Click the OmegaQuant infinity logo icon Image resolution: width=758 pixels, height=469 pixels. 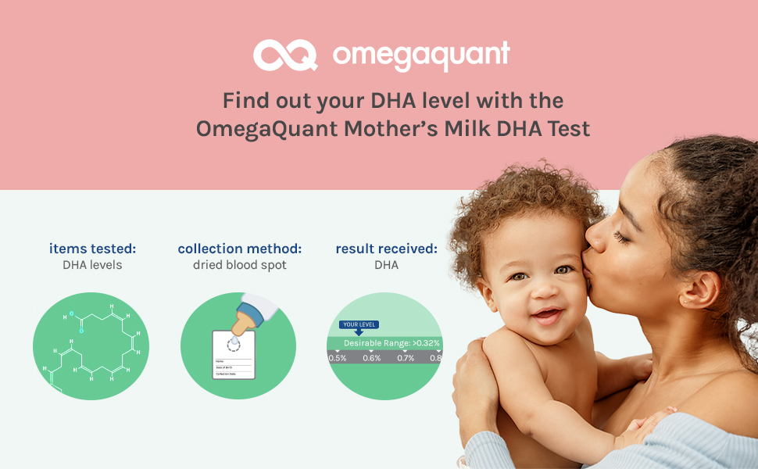284,55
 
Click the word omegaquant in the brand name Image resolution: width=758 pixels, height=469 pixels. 421,55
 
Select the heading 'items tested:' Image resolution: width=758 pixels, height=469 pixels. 92,249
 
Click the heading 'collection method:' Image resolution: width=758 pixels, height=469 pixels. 239,249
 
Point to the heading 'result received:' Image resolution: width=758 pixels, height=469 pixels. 386,249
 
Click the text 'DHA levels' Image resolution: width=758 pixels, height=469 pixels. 92,265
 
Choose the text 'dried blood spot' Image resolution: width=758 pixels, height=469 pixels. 239,265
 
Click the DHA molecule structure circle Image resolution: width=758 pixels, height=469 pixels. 91,345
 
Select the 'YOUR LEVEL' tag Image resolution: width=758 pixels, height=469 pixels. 359,324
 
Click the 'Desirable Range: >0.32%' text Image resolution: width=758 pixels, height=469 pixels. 392,343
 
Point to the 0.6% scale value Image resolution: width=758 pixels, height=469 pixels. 371,358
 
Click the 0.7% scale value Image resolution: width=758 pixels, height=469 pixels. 405,358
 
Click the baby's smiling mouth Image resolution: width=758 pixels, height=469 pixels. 547,314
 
